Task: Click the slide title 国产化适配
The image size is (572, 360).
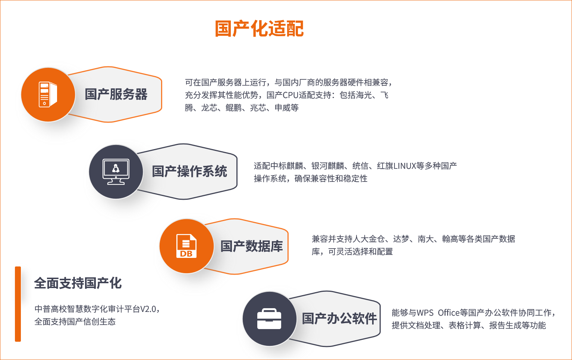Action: (259, 29)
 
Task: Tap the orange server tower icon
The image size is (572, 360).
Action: (48, 94)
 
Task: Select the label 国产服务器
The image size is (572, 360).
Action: (116, 94)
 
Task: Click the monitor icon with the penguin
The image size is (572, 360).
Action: (116, 172)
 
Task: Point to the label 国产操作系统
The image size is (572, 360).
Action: (189, 171)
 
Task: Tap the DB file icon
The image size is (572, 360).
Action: (186, 246)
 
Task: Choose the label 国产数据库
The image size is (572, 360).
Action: (252, 246)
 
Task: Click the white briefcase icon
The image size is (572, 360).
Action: (269, 319)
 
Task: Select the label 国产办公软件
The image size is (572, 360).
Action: (339, 319)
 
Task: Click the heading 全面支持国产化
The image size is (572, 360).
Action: (78, 283)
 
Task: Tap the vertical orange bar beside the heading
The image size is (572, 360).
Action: (18, 304)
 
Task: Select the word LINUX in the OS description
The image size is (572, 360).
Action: (405, 166)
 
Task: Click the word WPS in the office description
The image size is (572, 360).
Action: (425, 313)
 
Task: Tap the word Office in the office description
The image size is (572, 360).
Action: (449, 313)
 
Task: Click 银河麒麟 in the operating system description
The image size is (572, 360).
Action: (328, 166)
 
